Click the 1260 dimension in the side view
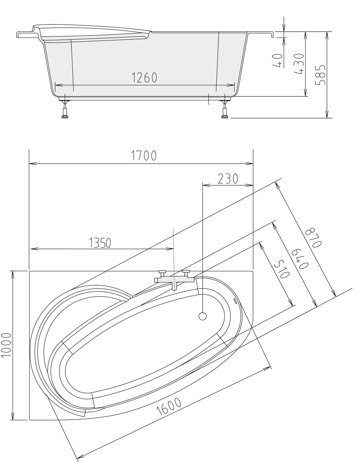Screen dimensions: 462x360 (x=144, y=78)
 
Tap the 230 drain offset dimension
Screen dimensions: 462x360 (x=228, y=178)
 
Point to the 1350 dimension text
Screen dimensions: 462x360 (x=100, y=243)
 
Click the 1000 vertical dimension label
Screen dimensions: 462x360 (x=7, y=345)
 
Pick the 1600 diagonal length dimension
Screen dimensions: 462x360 (x=169, y=407)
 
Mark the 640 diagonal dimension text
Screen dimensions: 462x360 (x=298, y=259)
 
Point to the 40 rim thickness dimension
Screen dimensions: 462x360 (x=279, y=60)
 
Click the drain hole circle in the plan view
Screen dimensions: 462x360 (x=202, y=316)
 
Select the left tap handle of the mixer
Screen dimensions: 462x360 (x=162, y=273)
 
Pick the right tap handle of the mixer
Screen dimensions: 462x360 (x=186, y=272)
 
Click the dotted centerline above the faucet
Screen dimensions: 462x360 (x=173, y=248)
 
